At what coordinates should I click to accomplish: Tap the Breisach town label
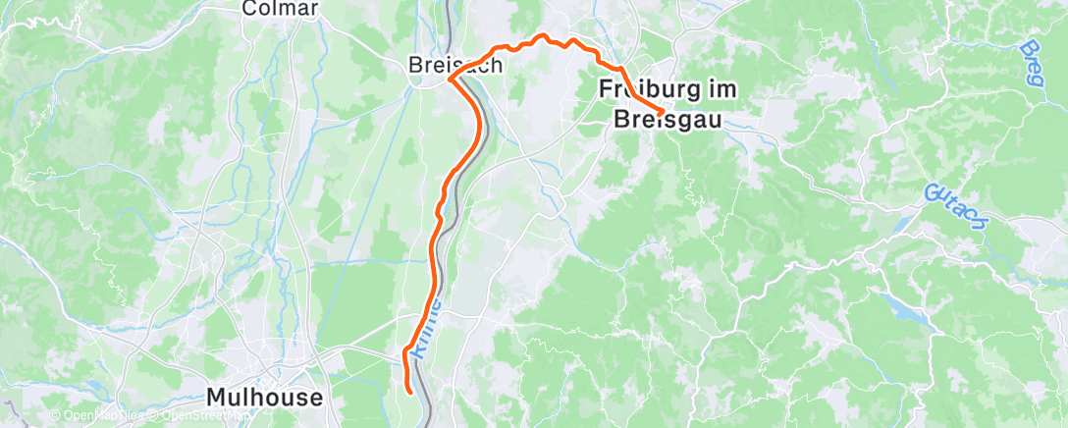coord(456,65)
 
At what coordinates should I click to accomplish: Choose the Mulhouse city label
coord(265,398)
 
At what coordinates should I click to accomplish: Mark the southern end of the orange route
coord(409,392)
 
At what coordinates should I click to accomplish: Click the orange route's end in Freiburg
coord(658,110)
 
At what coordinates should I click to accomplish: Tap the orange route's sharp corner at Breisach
coord(450,78)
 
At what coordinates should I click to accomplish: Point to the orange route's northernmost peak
coord(539,36)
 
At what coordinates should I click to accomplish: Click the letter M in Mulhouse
coord(217,398)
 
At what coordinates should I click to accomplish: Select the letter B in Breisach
coord(416,65)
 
